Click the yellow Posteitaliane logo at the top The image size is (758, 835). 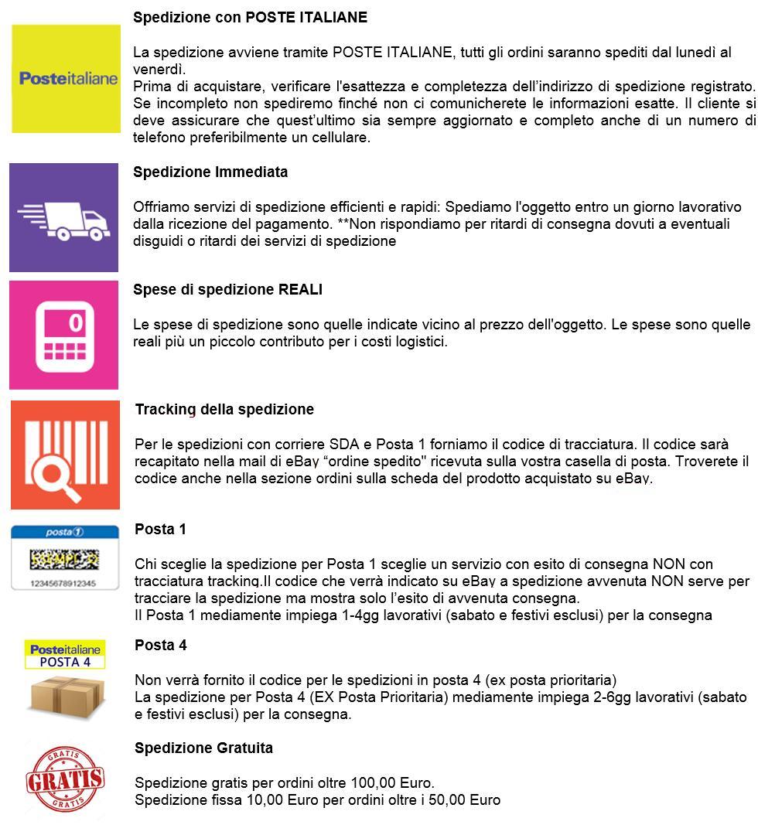click(67, 78)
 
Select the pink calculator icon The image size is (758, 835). click(64, 335)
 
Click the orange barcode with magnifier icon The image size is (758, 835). click(65, 455)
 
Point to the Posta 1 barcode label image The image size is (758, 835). click(65, 557)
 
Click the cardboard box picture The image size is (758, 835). click(65, 696)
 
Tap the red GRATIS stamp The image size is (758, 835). click(65, 779)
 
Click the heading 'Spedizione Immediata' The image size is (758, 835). click(210, 172)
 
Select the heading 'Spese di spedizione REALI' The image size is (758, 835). click(227, 289)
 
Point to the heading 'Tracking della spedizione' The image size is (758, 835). click(224, 409)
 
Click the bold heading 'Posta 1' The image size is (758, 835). click(160, 530)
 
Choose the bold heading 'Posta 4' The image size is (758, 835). click(160, 645)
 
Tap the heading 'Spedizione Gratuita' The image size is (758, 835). click(203, 748)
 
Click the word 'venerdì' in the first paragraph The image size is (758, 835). click(157, 68)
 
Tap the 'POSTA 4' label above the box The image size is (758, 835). click(65, 662)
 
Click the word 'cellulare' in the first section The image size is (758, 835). click(343, 138)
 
